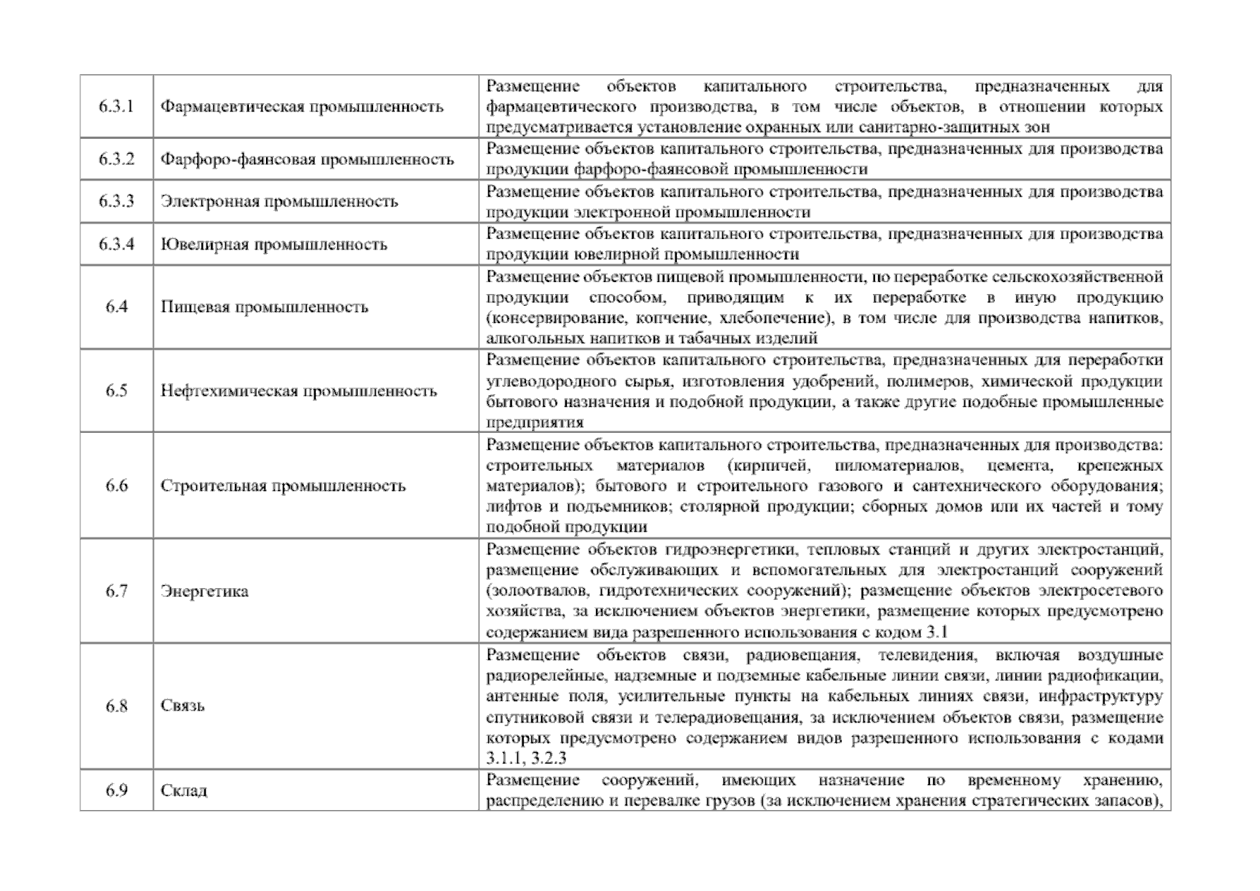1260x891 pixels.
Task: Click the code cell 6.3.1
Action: point(116,106)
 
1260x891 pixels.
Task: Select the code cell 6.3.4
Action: point(116,244)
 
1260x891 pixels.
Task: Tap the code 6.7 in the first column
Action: point(116,591)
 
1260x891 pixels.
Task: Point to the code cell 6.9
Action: point(116,790)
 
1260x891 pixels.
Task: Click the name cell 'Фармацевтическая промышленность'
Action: point(302,106)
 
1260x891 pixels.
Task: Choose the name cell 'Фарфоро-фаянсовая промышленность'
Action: point(307,160)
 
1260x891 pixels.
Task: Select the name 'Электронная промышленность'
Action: point(279,201)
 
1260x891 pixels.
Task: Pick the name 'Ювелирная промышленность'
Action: point(273,244)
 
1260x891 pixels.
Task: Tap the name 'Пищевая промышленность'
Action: point(264,307)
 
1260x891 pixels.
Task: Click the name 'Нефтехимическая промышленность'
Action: point(299,391)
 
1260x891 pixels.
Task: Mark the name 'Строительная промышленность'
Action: point(283,486)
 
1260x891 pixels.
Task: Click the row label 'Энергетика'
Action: point(204,591)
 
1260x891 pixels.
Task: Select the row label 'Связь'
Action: point(182,705)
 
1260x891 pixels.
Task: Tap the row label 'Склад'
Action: point(184,790)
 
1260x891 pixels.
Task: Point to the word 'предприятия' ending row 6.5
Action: point(534,422)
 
